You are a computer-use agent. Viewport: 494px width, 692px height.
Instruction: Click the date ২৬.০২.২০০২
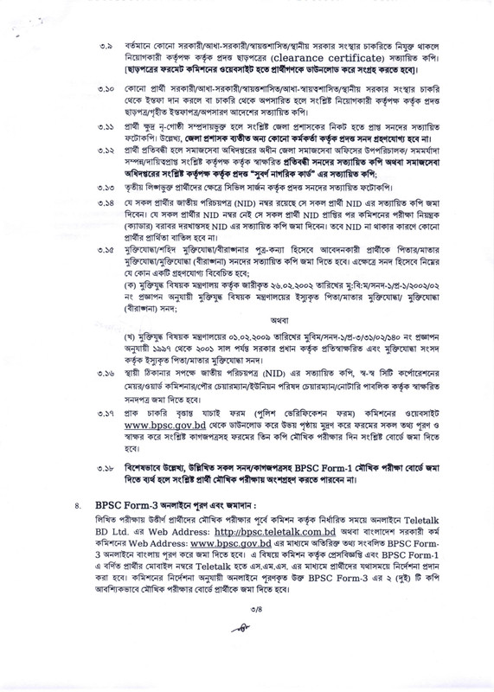285,282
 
